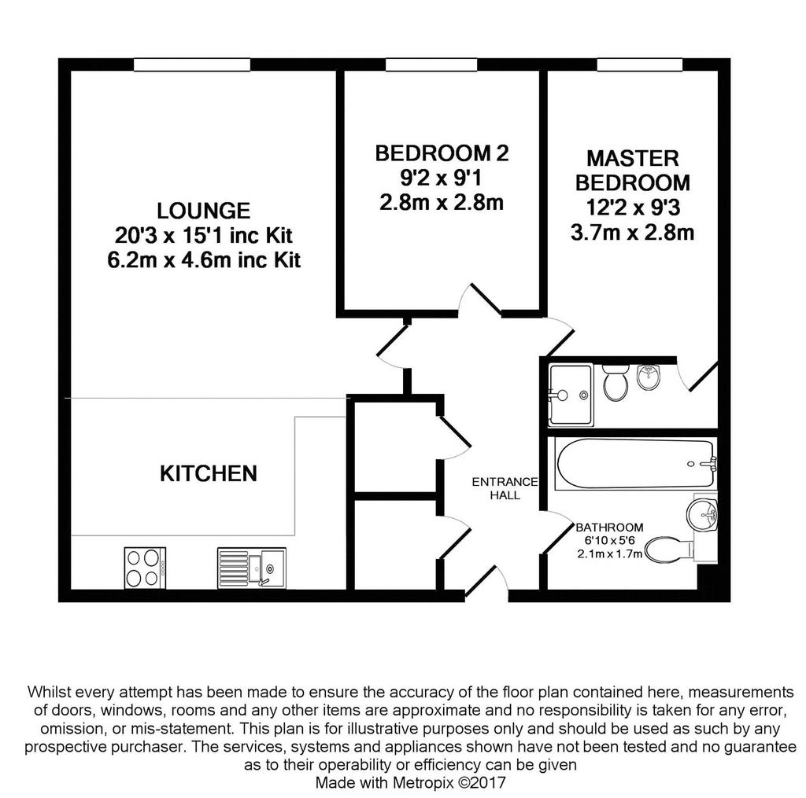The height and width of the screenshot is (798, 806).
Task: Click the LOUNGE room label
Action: tap(204, 211)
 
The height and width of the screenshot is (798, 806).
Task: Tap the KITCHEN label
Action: tap(208, 473)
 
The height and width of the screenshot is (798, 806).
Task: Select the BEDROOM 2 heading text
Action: tap(442, 153)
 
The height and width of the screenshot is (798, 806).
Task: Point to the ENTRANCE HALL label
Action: tap(505, 488)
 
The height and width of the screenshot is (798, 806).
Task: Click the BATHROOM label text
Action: tap(609, 528)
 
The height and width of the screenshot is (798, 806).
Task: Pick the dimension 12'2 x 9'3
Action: tap(633, 208)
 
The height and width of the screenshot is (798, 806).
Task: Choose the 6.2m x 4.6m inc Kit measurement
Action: tap(204, 259)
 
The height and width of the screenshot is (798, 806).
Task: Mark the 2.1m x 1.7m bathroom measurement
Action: tap(610, 553)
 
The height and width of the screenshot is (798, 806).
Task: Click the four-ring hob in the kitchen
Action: tap(145, 568)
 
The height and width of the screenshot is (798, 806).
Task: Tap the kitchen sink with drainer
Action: tap(251, 568)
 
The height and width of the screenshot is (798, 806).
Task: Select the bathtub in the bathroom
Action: tap(635, 463)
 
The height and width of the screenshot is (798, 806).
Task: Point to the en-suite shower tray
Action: tap(571, 395)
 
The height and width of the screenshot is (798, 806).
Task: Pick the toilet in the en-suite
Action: tap(615, 382)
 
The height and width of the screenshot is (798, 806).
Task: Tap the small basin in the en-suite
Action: tap(649, 377)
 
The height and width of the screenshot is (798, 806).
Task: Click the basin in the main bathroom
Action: tap(702, 512)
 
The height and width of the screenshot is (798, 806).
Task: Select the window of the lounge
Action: tap(192, 64)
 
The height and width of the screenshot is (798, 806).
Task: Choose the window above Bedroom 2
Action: tap(431, 64)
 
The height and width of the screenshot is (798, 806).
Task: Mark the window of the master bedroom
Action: tap(640, 64)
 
